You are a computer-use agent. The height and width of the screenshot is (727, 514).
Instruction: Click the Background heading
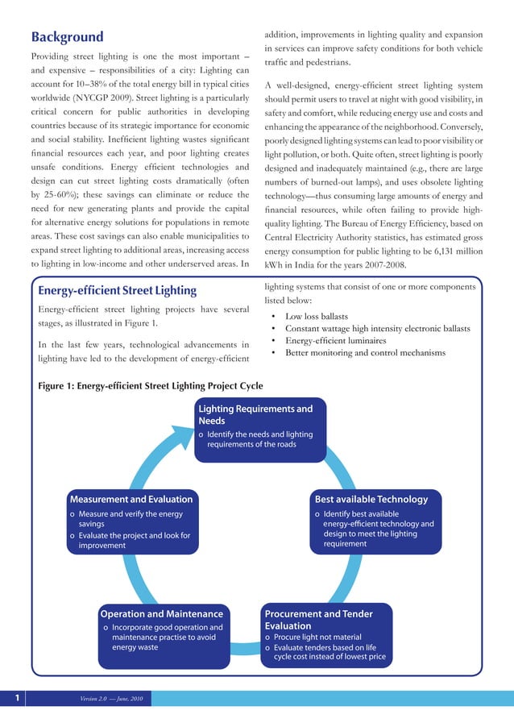[67, 37]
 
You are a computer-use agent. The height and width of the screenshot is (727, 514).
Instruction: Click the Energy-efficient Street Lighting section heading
[118, 290]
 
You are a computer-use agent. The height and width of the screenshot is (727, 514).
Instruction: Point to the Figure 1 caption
[150, 385]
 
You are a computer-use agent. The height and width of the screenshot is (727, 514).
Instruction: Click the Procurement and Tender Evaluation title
[317, 620]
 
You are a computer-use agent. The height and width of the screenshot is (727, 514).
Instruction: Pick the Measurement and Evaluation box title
[131, 499]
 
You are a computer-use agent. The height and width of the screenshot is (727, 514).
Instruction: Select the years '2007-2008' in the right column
[383, 266]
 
